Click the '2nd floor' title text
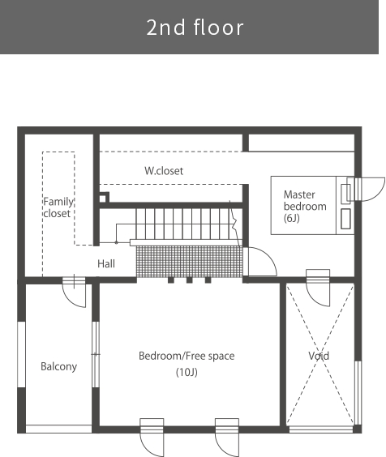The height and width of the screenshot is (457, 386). click(195, 28)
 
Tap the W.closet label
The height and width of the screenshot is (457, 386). click(164, 171)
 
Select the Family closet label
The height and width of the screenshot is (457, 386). click(58, 207)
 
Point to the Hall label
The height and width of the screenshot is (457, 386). click(106, 263)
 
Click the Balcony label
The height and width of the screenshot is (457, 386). click(58, 366)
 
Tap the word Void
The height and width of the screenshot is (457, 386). click(319, 356)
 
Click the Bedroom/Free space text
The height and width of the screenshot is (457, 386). click(187, 356)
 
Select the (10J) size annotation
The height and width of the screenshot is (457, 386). click(187, 372)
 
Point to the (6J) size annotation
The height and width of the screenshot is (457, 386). click(291, 218)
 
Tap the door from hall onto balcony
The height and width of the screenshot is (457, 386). click(74, 292)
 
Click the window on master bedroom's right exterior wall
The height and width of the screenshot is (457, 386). click(366, 189)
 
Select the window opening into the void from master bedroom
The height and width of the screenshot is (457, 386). click(318, 288)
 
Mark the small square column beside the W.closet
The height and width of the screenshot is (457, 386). click(103, 199)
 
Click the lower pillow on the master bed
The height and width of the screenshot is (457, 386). click(345, 219)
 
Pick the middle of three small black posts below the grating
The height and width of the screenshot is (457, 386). click(190, 280)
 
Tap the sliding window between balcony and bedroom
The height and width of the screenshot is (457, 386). click(96, 354)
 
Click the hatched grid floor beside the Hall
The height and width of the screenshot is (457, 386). click(190, 261)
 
